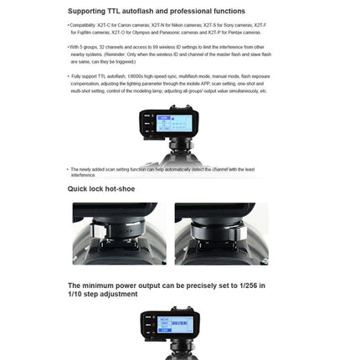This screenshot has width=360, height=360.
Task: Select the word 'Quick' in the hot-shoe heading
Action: coord(79,189)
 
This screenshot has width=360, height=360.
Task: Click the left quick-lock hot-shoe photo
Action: coord(120,234)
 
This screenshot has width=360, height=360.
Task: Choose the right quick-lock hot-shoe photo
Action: coord(222,234)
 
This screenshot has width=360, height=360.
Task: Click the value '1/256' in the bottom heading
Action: coord(244,285)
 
